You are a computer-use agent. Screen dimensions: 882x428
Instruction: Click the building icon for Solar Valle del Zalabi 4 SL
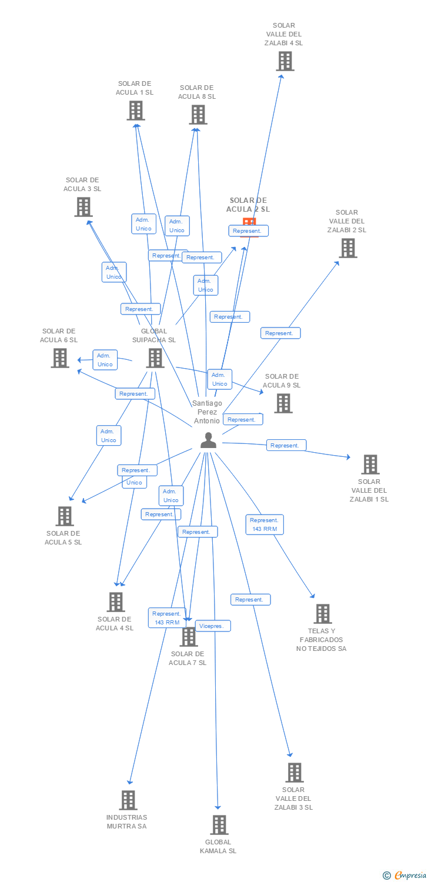[x=285, y=61]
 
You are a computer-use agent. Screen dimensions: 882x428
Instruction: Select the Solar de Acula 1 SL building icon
[x=136, y=111]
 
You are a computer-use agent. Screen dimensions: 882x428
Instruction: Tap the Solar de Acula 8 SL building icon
[x=198, y=115]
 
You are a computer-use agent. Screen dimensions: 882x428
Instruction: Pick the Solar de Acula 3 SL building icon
[x=83, y=207]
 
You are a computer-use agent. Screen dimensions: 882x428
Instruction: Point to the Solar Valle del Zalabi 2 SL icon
[x=348, y=248]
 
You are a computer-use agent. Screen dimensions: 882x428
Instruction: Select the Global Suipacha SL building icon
[x=155, y=358]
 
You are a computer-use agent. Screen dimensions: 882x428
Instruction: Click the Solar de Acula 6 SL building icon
[x=59, y=358]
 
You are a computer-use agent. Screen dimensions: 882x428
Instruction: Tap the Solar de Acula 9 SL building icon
[x=283, y=403]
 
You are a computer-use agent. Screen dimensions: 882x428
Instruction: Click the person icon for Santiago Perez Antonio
[x=208, y=440]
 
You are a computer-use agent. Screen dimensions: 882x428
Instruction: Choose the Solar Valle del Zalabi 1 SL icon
[x=370, y=465]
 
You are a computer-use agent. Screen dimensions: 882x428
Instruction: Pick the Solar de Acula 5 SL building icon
[x=65, y=516]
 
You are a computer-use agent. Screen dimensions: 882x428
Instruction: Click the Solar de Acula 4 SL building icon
[x=116, y=602]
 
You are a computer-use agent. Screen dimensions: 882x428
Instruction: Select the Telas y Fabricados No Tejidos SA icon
[x=322, y=614]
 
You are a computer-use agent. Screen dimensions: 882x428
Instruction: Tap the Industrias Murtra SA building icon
[x=128, y=800]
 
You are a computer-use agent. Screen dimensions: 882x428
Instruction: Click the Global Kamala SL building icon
[x=219, y=825]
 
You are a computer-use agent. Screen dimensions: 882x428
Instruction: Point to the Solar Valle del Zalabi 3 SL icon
[x=294, y=773]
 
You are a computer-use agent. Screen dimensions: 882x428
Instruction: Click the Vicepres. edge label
[x=212, y=626]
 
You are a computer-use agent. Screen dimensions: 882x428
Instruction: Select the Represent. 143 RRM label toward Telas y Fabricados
[x=265, y=524]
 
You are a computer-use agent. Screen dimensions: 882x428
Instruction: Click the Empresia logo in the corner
[x=406, y=875]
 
